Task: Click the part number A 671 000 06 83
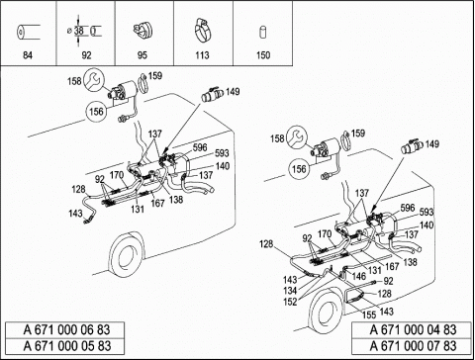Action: tap(67, 329)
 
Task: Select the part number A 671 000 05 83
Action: tap(67, 346)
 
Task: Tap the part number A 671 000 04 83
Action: tap(413, 329)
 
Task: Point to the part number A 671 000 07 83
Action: tap(413, 346)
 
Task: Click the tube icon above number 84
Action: tap(28, 33)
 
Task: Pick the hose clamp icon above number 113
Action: tap(202, 31)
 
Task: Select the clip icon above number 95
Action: tap(142, 30)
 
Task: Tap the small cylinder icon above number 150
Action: tap(263, 32)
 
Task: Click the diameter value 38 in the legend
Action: tap(79, 31)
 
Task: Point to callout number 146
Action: tap(359, 276)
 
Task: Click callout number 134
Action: tap(290, 291)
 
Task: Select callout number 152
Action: tap(290, 302)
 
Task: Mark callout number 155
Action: tap(369, 315)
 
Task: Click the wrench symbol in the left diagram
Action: tap(94, 80)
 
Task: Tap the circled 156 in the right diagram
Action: tap(299, 169)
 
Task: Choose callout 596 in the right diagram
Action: tap(408, 208)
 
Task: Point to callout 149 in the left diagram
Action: tap(233, 91)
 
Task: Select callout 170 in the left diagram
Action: tap(117, 175)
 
